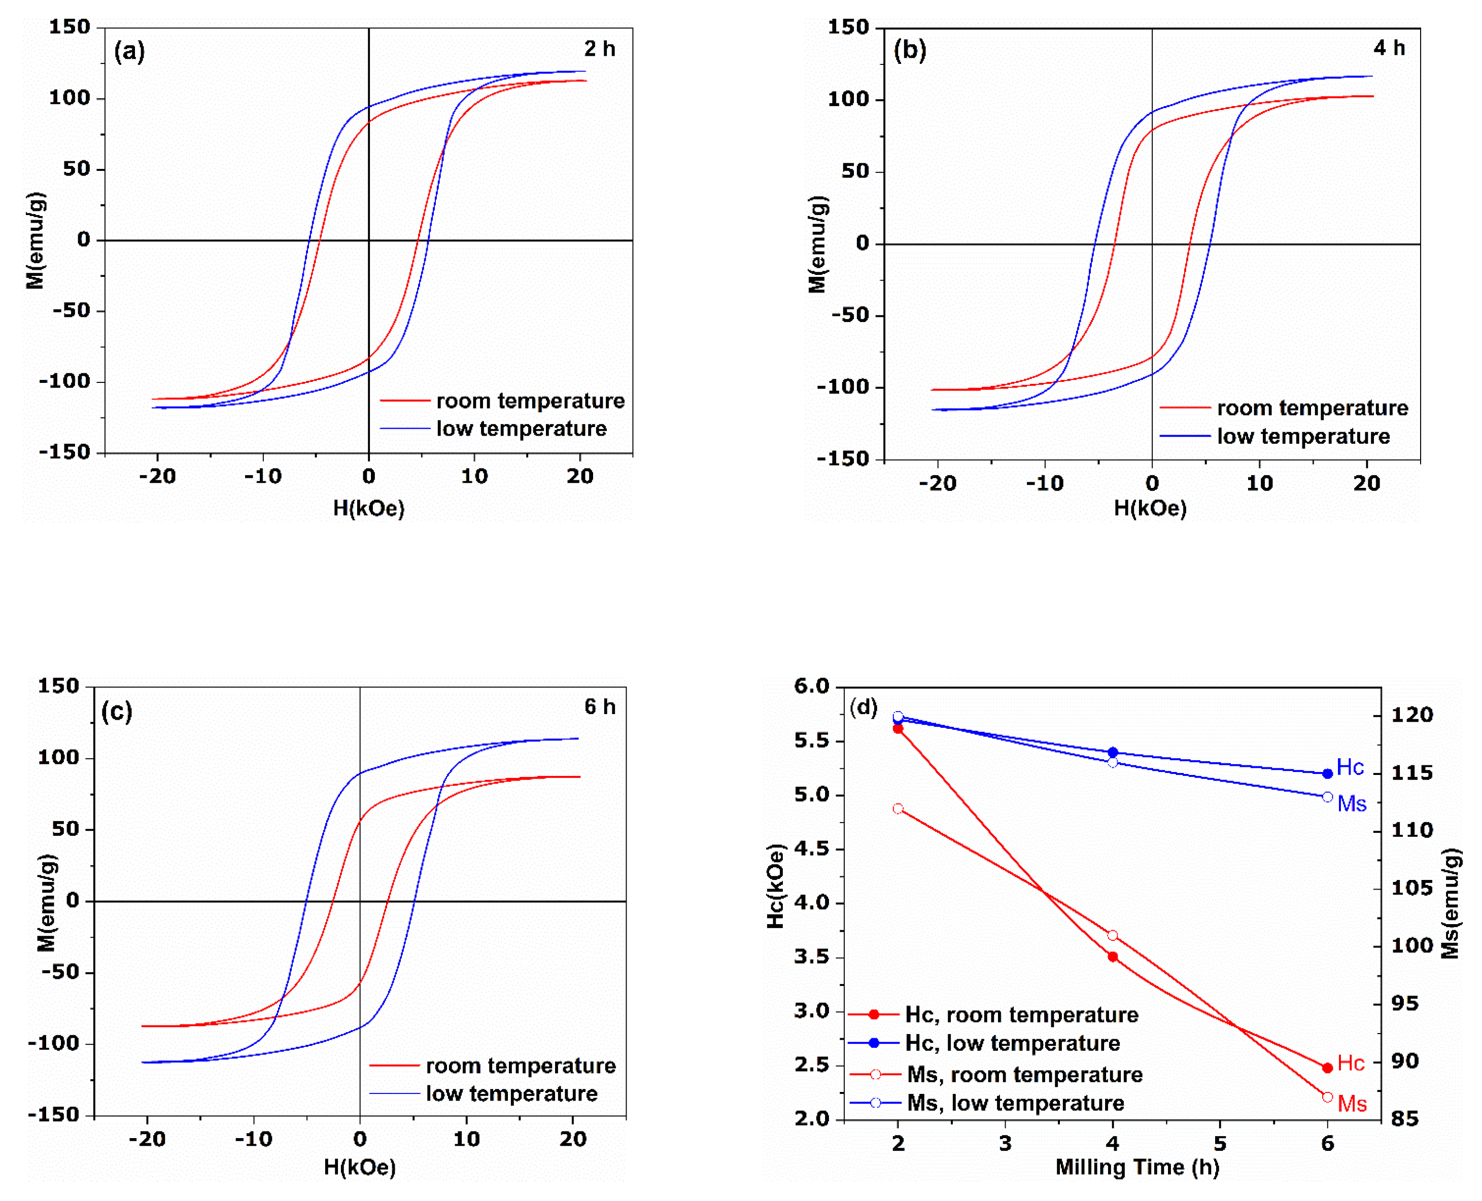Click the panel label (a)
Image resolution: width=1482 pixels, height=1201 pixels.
(x=129, y=51)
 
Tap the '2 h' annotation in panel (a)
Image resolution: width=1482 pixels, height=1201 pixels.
(x=599, y=49)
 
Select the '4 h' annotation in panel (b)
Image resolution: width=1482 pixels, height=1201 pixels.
(x=1389, y=48)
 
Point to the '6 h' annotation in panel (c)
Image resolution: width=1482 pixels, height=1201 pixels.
(x=599, y=707)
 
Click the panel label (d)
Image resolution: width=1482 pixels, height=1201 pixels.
(x=864, y=707)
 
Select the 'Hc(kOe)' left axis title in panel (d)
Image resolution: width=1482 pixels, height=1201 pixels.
(x=776, y=886)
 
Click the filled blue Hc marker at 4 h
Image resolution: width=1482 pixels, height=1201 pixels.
(x=1113, y=752)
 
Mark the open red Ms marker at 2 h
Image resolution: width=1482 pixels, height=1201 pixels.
(x=898, y=809)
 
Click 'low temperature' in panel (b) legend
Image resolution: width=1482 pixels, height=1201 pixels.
(x=1303, y=437)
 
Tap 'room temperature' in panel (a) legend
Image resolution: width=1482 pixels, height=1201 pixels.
(x=530, y=401)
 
